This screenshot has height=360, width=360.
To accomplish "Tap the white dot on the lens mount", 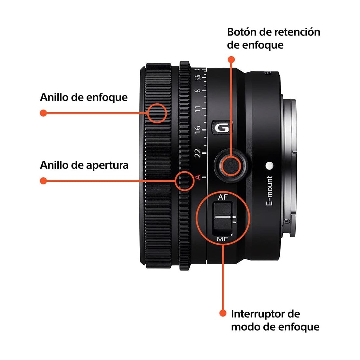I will [x=269, y=165].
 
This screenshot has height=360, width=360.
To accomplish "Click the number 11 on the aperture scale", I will [x=198, y=109].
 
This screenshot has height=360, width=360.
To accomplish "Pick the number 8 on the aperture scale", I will [x=198, y=91].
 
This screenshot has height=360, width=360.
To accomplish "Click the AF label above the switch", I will [x=223, y=197].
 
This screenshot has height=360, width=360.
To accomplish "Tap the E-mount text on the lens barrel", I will [x=270, y=191].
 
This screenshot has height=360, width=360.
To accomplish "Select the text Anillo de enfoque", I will [x=84, y=97].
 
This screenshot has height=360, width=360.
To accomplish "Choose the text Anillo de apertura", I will [x=84, y=165].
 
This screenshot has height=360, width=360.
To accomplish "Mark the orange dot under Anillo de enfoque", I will [x=43, y=113].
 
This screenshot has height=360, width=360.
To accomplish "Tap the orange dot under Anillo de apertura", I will [x=43, y=181].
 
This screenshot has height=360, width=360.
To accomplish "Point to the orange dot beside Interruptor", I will [x=223, y=313].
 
